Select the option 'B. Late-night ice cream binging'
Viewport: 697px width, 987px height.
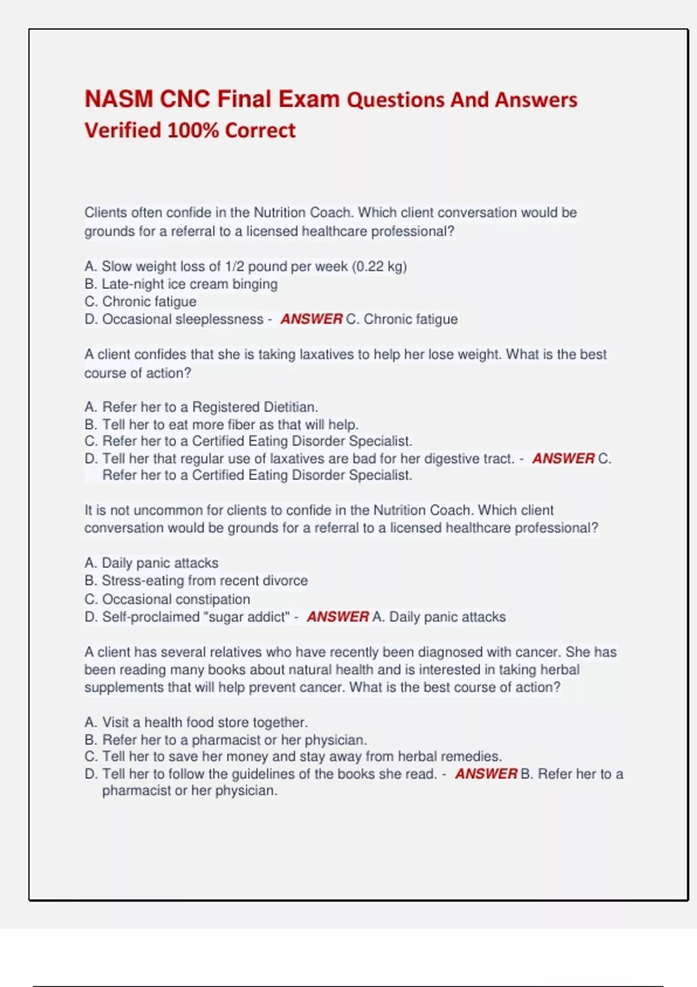pos(181,284)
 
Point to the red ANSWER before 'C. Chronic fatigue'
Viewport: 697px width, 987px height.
pos(311,319)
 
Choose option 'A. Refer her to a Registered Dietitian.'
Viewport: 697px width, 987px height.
pos(201,407)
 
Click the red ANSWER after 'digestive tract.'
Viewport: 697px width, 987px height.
pos(563,459)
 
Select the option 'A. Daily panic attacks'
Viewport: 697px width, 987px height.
pos(151,563)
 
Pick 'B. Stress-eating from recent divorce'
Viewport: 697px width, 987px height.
pos(196,581)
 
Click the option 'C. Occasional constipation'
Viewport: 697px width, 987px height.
pos(167,599)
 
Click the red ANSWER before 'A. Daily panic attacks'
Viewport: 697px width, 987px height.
pos(337,617)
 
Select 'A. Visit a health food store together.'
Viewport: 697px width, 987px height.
pos(196,722)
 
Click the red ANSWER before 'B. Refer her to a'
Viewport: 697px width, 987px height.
pos(486,774)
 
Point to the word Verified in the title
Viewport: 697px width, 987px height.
pos(123,131)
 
